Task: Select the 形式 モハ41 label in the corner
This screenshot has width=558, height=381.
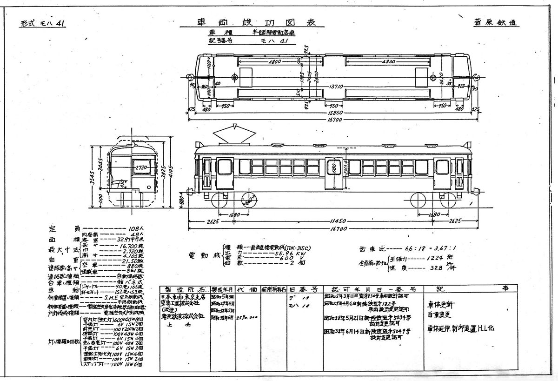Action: coord(42,25)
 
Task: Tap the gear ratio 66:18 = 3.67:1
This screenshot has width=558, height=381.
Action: coord(426,248)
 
